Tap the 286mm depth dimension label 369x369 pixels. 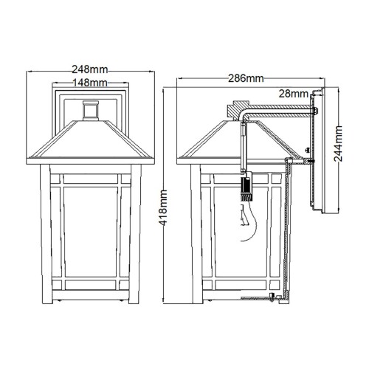[x=246, y=77]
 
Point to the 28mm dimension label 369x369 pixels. [x=294, y=94]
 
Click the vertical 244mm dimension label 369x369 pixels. [x=338, y=148]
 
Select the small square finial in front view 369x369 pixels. [x=90, y=110]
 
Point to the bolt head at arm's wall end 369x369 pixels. [x=315, y=112]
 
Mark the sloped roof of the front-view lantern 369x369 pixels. [x=90, y=140]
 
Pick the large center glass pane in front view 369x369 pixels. [x=90, y=229]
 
